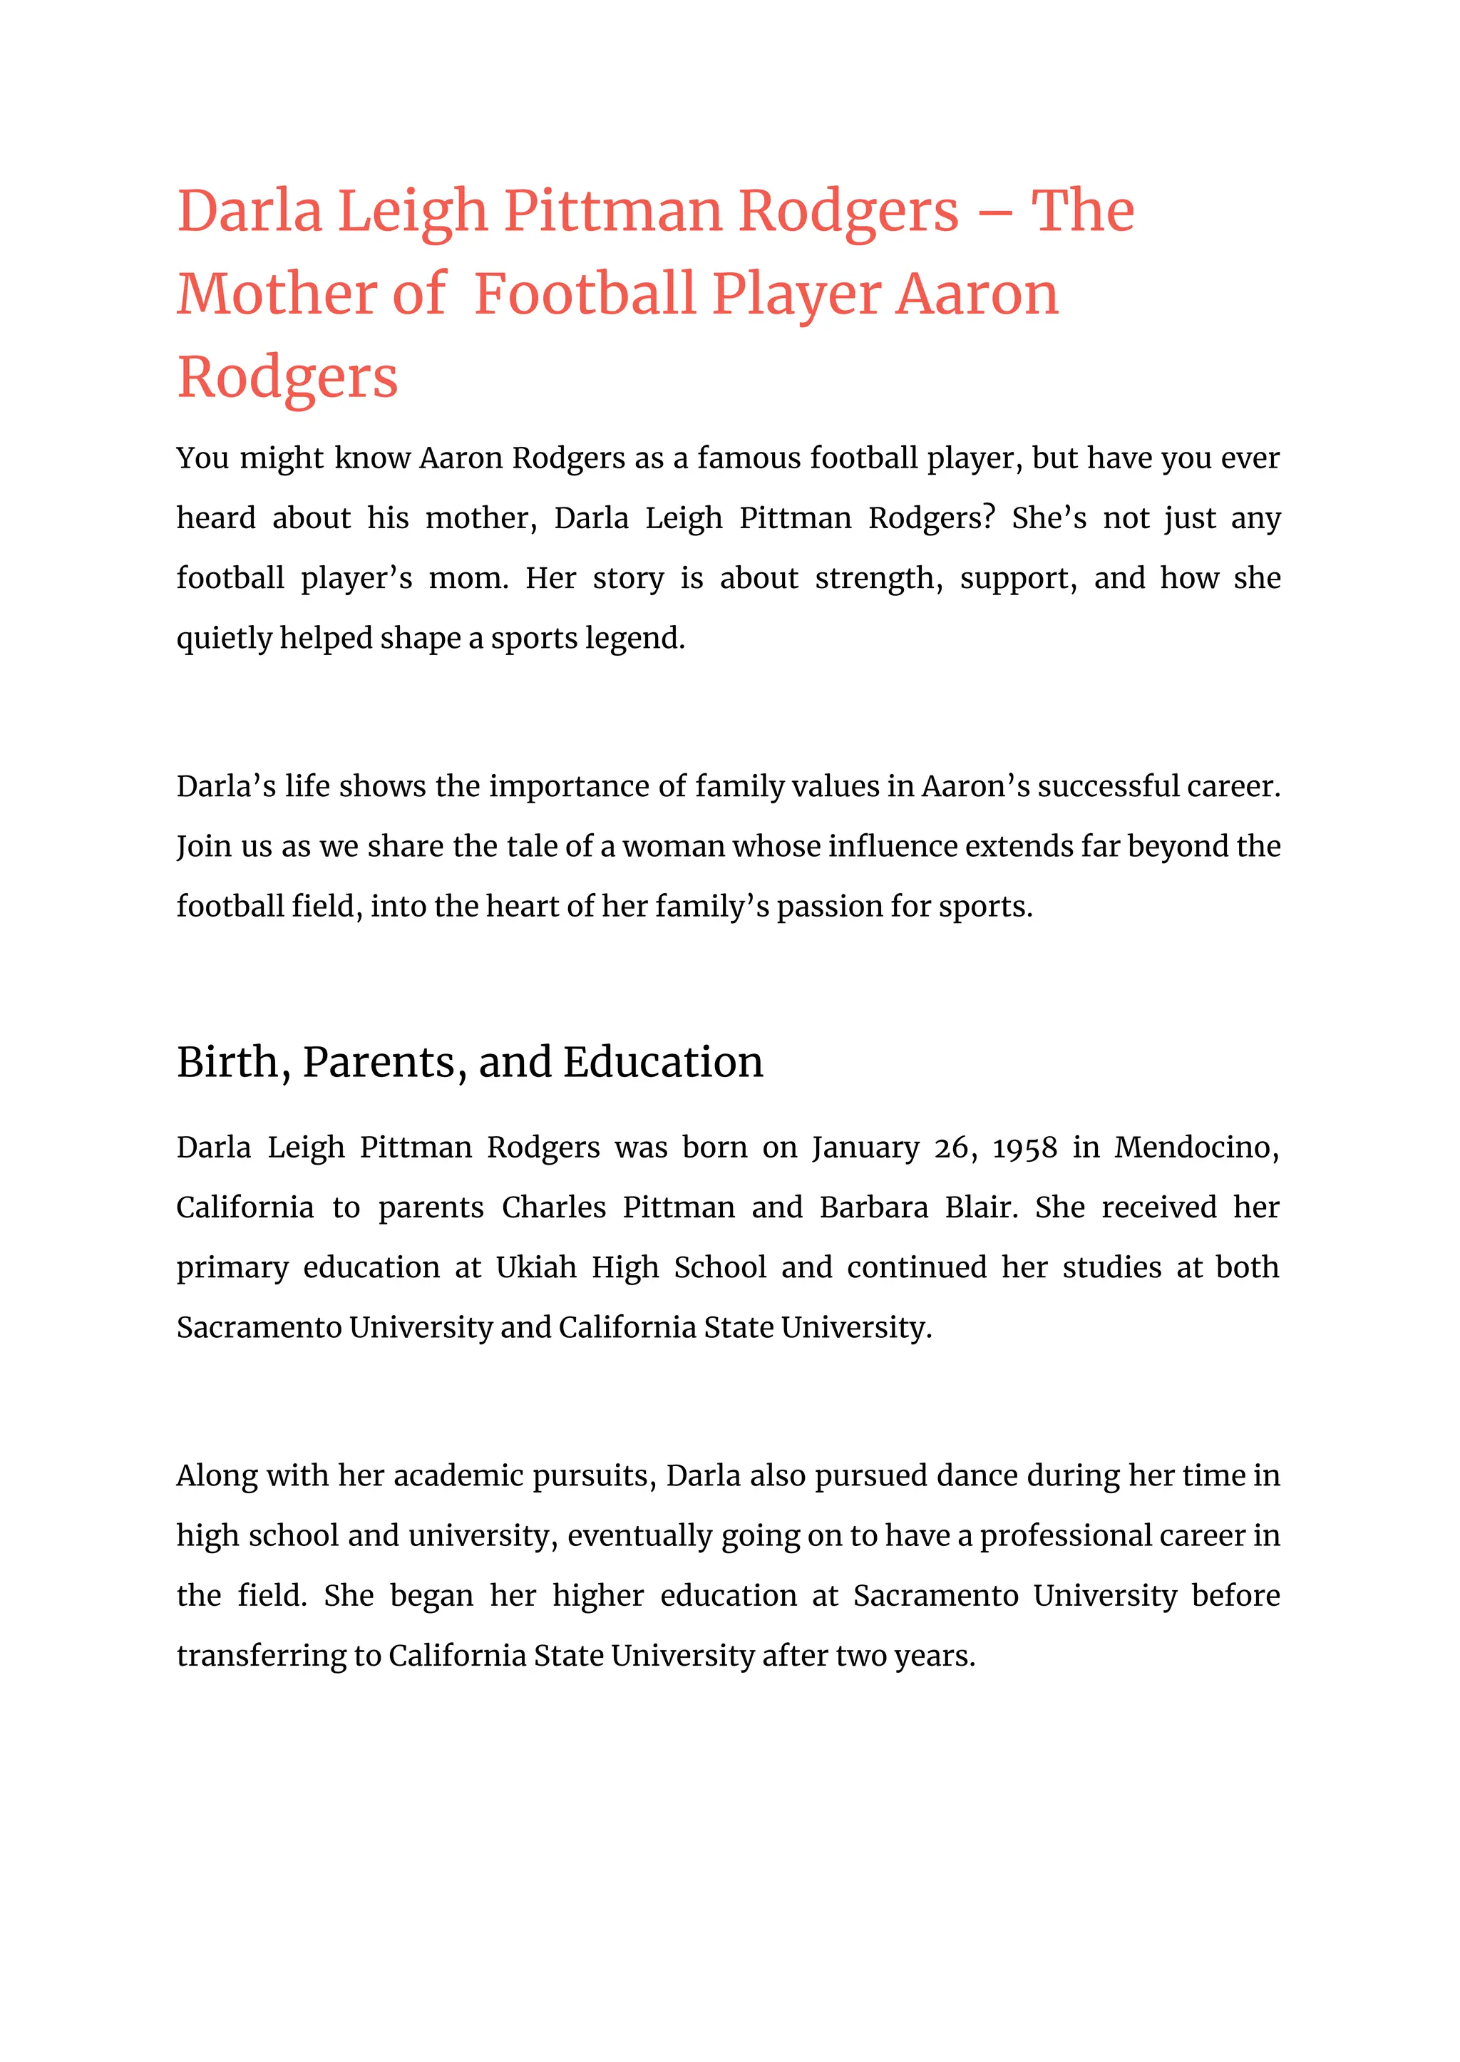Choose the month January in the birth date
point(865,1148)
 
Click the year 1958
point(1024,1148)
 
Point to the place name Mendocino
point(1196,1148)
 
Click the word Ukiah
point(536,1267)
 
